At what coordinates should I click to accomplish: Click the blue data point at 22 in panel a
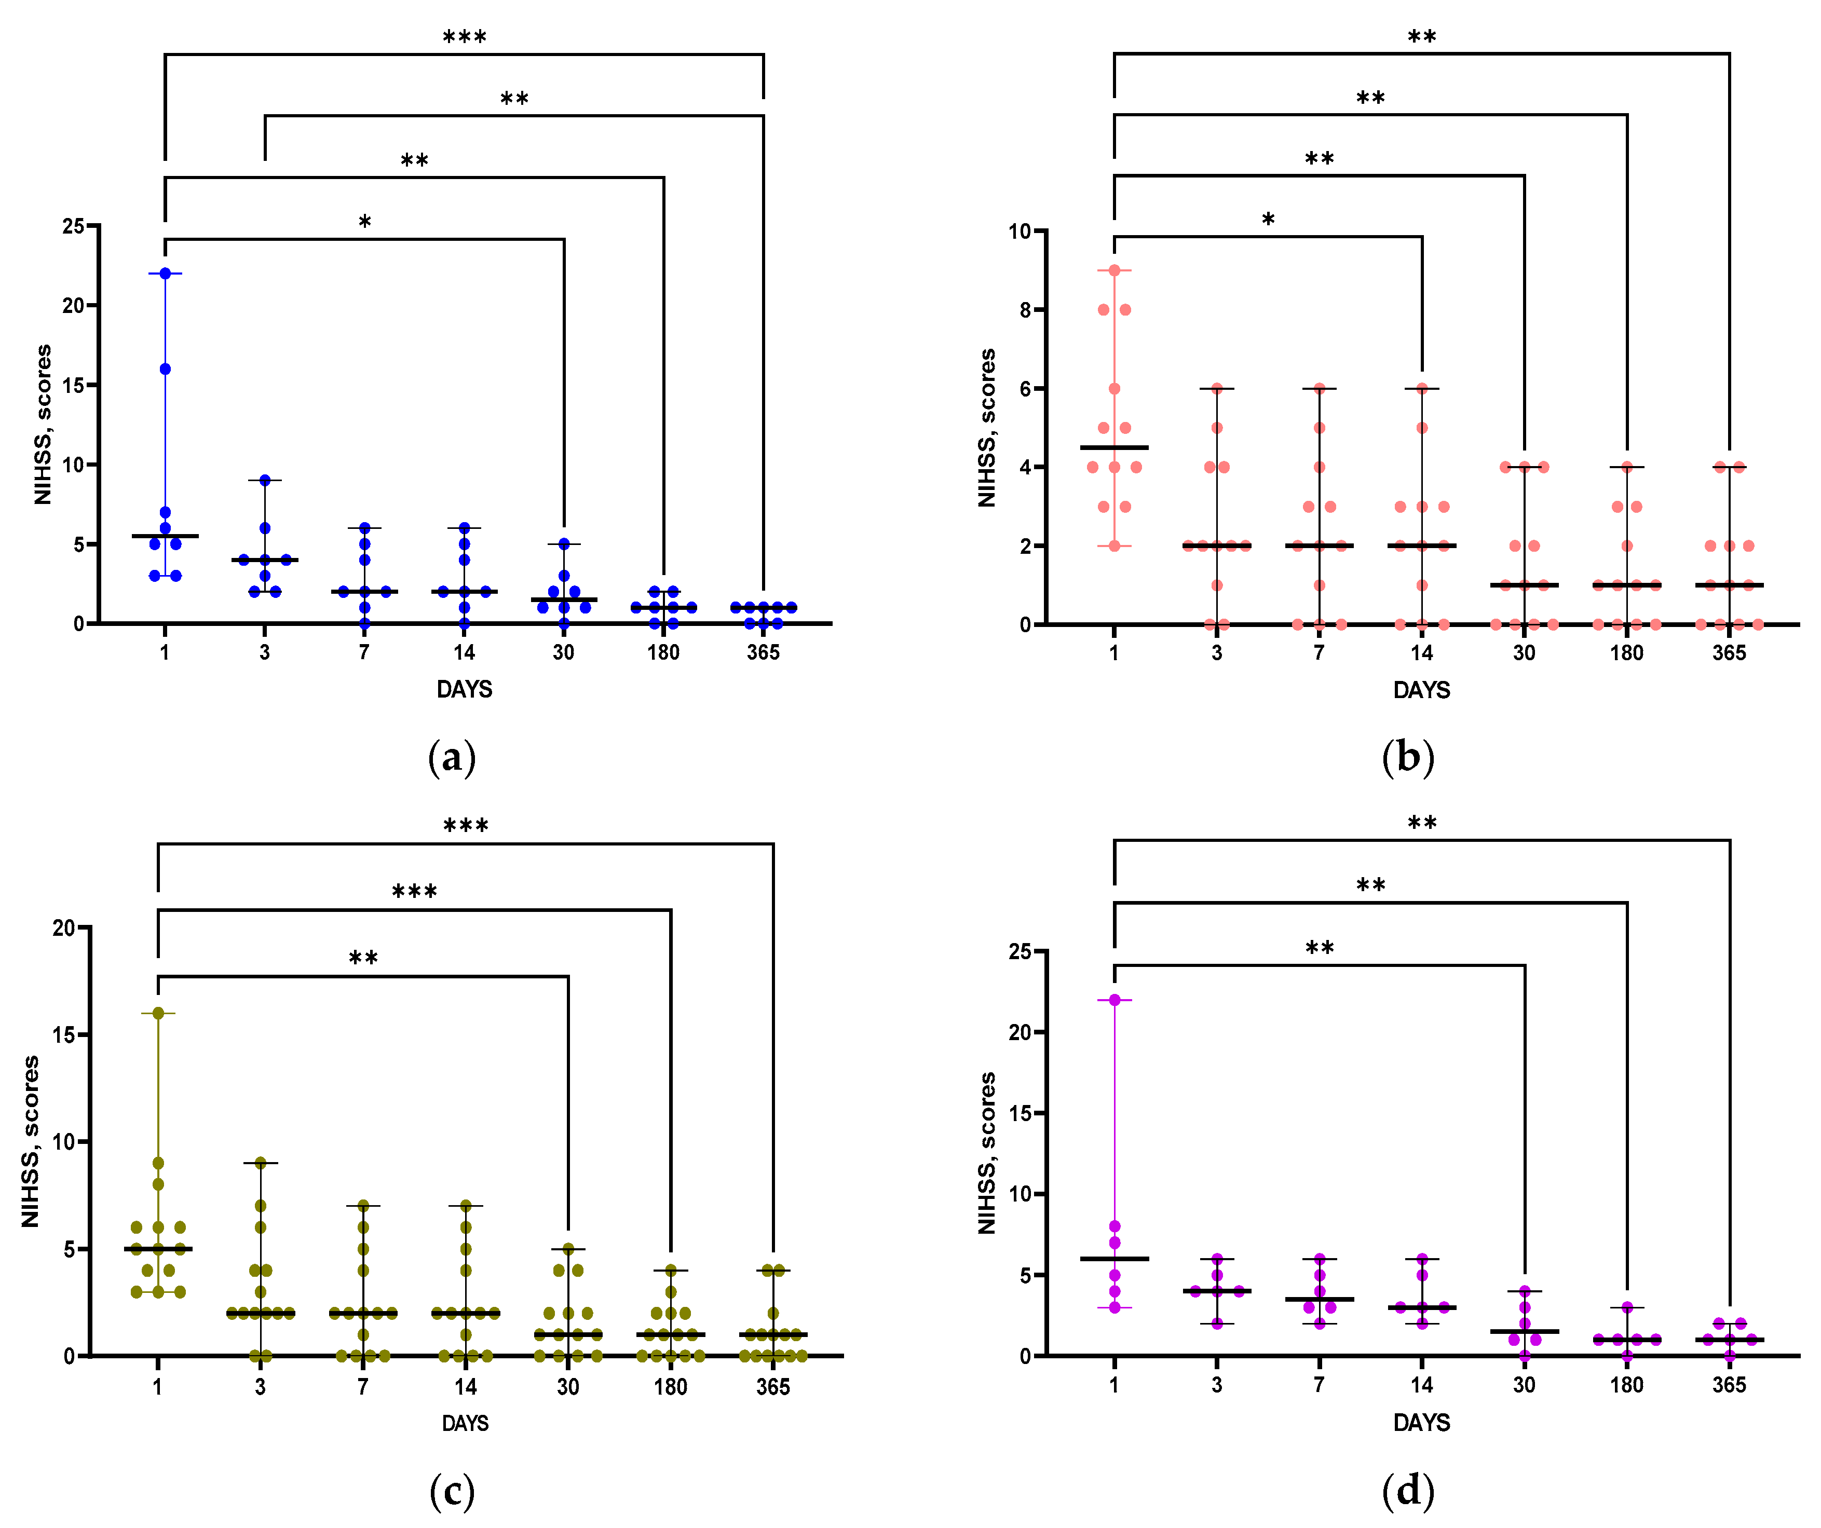click(x=165, y=273)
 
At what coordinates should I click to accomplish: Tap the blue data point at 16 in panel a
click(x=165, y=370)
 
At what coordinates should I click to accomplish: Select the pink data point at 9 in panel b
click(x=1115, y=270)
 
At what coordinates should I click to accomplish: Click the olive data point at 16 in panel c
click(x=158, y=1013)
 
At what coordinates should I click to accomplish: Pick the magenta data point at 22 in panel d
click(x=1115, y=1000)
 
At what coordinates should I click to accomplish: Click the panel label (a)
click(x=452, y=757)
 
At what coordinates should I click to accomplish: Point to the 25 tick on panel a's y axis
click(x=74, y=226)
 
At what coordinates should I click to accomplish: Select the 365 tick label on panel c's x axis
click(x=772, y=1387)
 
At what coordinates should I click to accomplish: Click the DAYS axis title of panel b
click(x=1421, y=690)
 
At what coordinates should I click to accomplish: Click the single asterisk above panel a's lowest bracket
click(x=365, y=223)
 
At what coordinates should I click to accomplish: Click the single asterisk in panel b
click(x=1268, y=220)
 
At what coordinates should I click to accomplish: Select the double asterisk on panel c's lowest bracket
click(x=363, y=958)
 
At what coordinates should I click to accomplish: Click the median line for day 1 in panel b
click(x=1115, y=447)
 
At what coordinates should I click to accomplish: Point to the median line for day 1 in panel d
click(x=1115, y=1258)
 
